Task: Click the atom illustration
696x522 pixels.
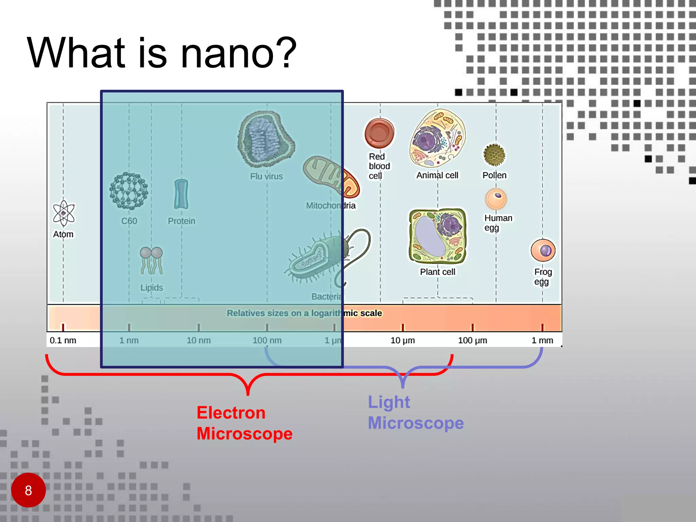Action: click(64, 213)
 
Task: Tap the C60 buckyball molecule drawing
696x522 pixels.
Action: click(129, 191)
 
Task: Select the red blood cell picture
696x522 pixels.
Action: click(379, 133)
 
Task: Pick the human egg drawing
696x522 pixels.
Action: click(496, 199)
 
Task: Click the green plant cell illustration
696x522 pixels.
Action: click(438, 237)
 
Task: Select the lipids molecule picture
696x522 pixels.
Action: click(152, 260)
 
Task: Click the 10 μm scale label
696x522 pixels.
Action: click(403, 340)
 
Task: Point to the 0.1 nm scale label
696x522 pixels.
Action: click(63, 340)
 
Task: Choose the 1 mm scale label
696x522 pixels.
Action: click(542, 340)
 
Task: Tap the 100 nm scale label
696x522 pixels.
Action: click(267, 340)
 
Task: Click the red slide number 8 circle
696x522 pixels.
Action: click(29, 490)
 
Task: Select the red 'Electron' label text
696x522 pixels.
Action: click(231, 413)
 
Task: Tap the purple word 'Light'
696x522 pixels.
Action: click(389, 402)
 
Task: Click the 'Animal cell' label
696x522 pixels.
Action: click(437, 175)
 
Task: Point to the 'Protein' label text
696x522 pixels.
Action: click(181, 221)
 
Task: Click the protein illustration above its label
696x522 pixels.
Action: click(181, 194)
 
